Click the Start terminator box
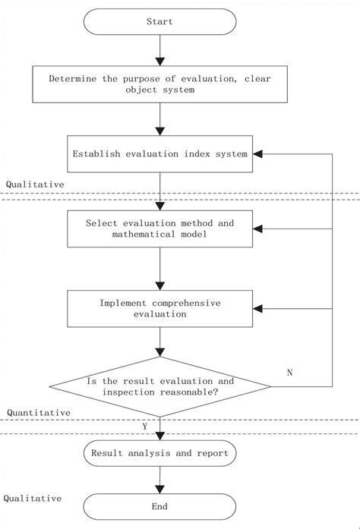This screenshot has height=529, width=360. coord(159,22)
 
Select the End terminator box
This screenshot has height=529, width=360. coord(159,506)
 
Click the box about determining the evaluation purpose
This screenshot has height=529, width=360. coord(159,84)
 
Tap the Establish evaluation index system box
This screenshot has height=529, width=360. coord(159,154)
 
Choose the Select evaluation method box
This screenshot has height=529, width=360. coord(159,229)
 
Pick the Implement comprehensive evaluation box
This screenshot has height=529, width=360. coord(159,308)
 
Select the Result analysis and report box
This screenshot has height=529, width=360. coord(159,453)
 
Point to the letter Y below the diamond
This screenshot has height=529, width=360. coord(145,427)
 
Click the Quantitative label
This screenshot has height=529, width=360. coord(39,412)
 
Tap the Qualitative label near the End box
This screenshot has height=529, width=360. coord(32,499)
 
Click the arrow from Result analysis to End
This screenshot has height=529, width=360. coord(159,480)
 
